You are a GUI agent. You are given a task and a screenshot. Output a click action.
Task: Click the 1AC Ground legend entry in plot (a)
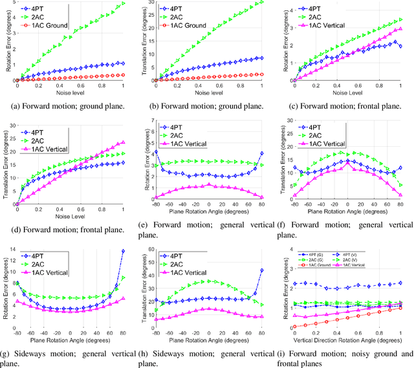52,25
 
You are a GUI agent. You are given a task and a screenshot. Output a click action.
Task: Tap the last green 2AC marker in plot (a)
124,4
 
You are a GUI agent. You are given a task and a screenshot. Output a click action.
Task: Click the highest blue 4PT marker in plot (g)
124,250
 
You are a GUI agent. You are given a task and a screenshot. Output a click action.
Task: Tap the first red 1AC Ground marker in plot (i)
293,326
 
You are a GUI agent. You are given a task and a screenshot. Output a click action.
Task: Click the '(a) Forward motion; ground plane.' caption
68,107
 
